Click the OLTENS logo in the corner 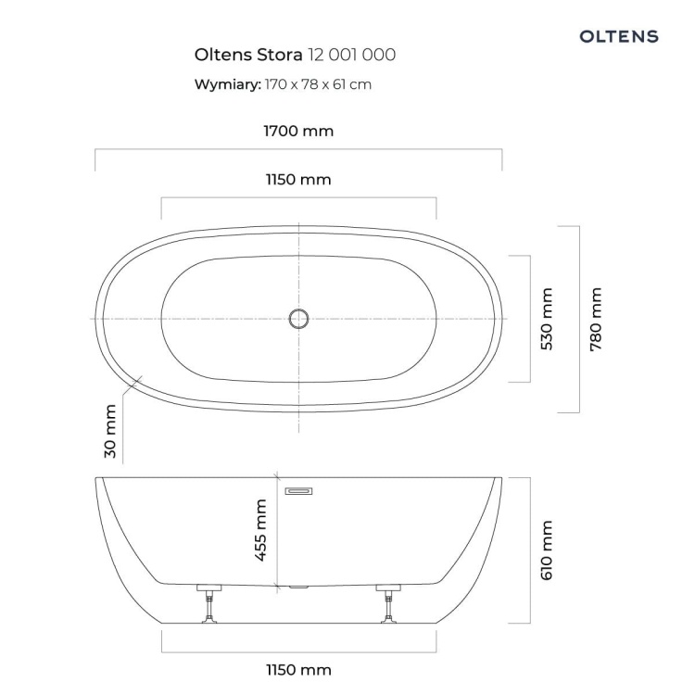[x=619, y=36]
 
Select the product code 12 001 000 [x=352, y=55]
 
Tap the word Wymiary [x=228, y=84]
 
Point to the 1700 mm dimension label [x=298, y=132]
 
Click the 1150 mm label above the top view [x=298, y=180]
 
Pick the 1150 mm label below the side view [x=298, y=670]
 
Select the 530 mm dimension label [x=547, y=319]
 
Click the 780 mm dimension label [x=596, y=320]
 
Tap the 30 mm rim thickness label [x=110, y=431]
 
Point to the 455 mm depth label [x=261, y=530]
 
